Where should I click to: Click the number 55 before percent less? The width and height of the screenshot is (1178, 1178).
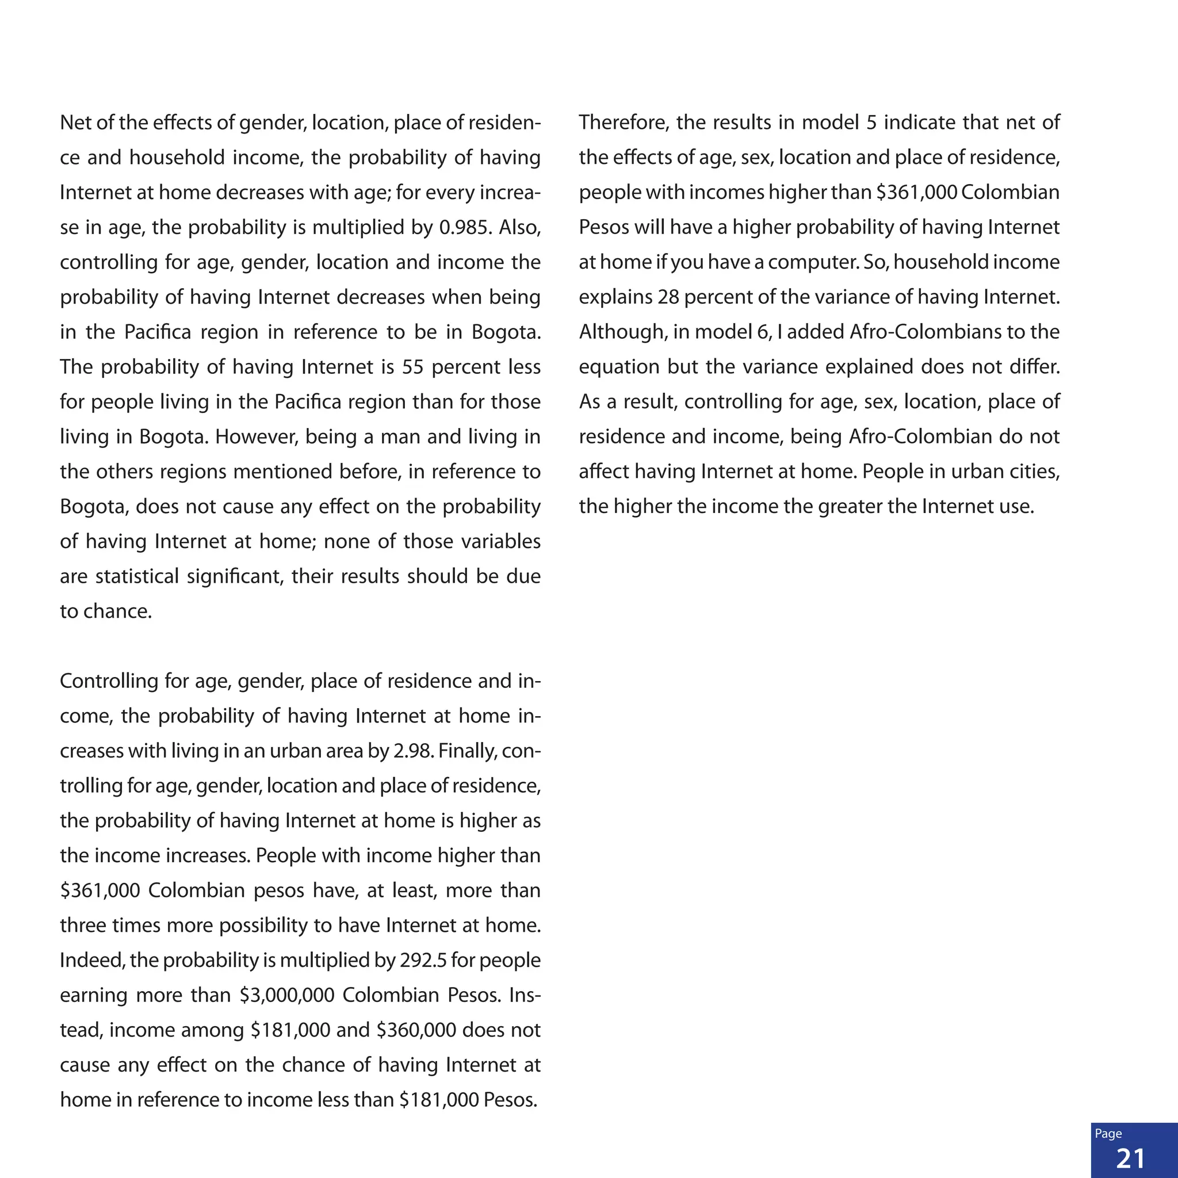coord(413,367)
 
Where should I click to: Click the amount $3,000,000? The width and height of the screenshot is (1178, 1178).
coord(286,995)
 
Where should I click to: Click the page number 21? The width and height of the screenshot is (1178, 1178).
coord(1130,1158)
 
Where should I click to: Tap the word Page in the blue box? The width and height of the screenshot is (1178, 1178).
coord(1108,1134)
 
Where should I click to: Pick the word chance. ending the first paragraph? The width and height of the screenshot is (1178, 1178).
coord(118,611)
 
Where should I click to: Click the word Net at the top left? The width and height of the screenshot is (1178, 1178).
coord(75,123)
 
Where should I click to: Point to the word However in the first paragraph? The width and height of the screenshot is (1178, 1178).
coord(256,437)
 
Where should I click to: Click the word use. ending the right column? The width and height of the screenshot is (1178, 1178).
coord(1017,506)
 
